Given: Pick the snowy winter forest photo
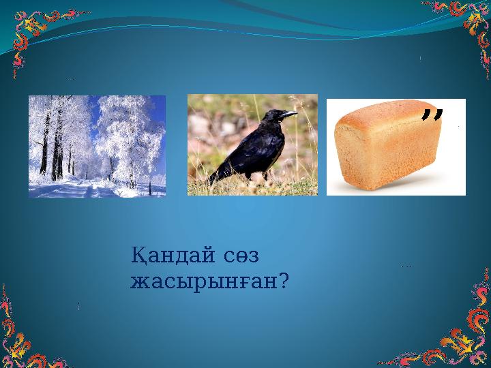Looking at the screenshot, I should (x=97, y=146).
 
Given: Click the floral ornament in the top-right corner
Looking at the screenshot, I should (x=464, y=24).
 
